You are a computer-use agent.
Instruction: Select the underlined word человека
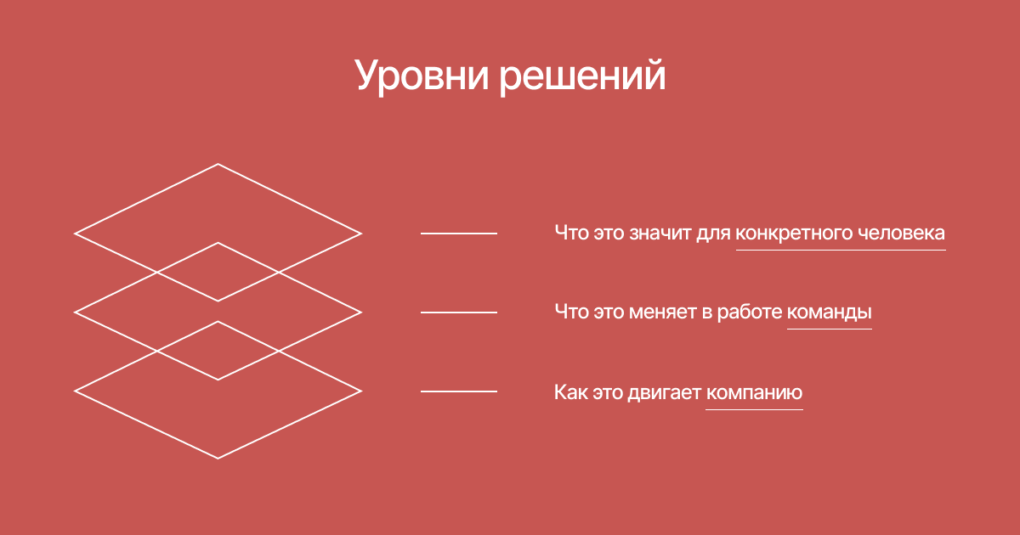tap(902, 233)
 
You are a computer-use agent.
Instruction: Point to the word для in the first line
tap(713, 234)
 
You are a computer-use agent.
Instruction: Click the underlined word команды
tap(830, 313)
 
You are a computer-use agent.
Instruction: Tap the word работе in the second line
tap(750, 313)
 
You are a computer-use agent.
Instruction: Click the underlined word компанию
tap(754, 392)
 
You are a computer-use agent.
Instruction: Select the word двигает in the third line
tap(665, 393)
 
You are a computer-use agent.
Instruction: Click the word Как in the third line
tap(571, 392)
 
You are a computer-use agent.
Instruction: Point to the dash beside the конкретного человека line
tap(458, 234)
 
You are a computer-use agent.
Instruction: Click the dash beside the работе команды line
tap(458, 313)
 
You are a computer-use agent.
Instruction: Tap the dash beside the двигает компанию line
tap(458, 391)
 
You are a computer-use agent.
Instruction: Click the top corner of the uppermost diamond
tap(218, 164)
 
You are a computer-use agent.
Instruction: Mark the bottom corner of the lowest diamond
tap(218, 458)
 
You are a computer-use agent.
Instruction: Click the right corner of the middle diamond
tap(361, 313)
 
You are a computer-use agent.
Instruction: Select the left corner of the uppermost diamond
tap(74, 234)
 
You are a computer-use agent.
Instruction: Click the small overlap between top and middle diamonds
tap(218, 272)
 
